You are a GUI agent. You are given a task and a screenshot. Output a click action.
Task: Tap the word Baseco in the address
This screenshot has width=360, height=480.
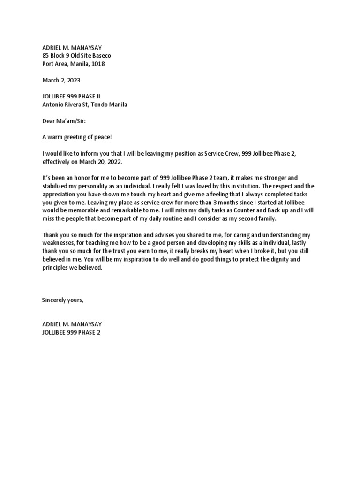point(101,56)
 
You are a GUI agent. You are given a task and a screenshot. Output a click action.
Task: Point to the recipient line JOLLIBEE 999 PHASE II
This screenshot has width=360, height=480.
point(71,97)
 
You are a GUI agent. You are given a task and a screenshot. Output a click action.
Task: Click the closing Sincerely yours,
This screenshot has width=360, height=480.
point(63,300)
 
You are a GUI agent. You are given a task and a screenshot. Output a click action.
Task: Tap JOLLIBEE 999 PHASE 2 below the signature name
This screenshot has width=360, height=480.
point(71,332)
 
